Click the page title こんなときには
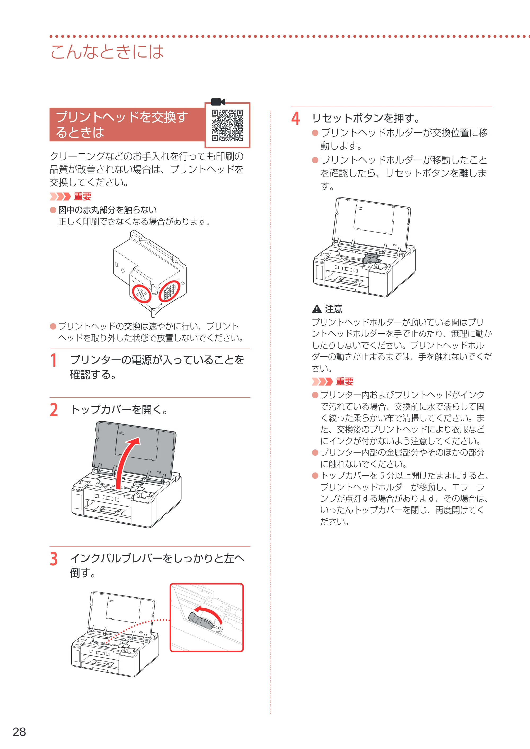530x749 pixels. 107,52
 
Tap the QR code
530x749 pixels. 227,125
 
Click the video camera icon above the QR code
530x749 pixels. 218,102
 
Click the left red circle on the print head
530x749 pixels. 142,293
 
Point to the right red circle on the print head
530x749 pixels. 169,291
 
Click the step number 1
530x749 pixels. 54,361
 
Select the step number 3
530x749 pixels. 54,559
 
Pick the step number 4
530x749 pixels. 295,118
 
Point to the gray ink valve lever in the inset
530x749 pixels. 200,621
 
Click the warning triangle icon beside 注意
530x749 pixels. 317,309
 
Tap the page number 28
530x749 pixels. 19,732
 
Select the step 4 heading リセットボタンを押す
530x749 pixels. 366,118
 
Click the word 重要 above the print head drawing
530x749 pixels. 83,196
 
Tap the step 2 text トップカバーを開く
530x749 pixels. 119,410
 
